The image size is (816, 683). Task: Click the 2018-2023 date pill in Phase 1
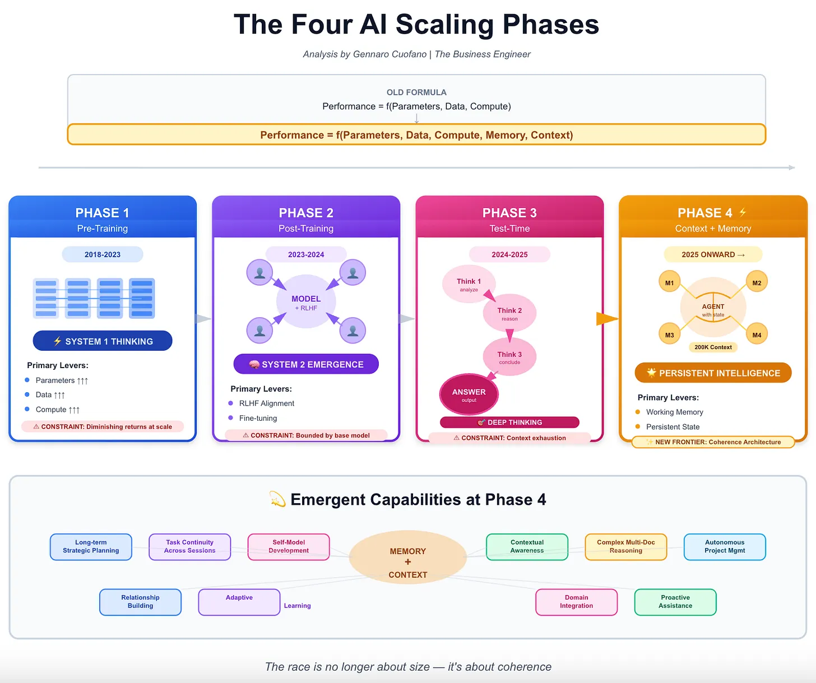pyautogui.click(x=103, y=254)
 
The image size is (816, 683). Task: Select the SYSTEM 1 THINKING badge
pyautogui.click(x=103, y=341)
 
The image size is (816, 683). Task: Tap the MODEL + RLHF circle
pyautogui.click(x=306, y=302)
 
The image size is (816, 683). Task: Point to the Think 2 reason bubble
pyautogui.click(x=509, y=313)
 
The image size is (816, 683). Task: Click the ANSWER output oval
pyautogui.click(x=469, y=394)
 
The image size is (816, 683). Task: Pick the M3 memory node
pyautogui.click(x=669, y=335)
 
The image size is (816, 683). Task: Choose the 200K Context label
pyautogui.click(x=713, y=347)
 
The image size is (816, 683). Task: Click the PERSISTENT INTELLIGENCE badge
pyautogui.click(x=713, y=373)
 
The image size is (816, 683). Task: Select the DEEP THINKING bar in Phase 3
pyautogui.click(x=509, y=422)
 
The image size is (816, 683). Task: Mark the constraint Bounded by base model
pyautogui.click(x=306, y=435)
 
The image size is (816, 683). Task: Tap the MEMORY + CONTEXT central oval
pyautogui.click(x=408, y=562)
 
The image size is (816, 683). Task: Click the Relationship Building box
pyautogui.click(x=140, y=602)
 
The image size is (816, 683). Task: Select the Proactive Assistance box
pyautogui.click(x=675, y=602)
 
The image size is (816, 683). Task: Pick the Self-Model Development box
pyautogui.click(x=289, y=547)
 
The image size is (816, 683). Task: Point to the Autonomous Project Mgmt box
pyautogui.click(x=725, y=547)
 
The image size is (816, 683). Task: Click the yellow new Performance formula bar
pyautogui.click(x=416, y=135)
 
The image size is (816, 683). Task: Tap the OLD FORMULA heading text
pyautogui.click(x=416, y=92)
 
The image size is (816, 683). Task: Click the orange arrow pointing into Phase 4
pyautogui.click(x=607, y=319)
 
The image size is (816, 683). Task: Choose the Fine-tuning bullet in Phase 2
pyautogui.click(x=258, y=418)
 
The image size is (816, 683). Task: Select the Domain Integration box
pyautogui.click(x=576, y=602)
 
